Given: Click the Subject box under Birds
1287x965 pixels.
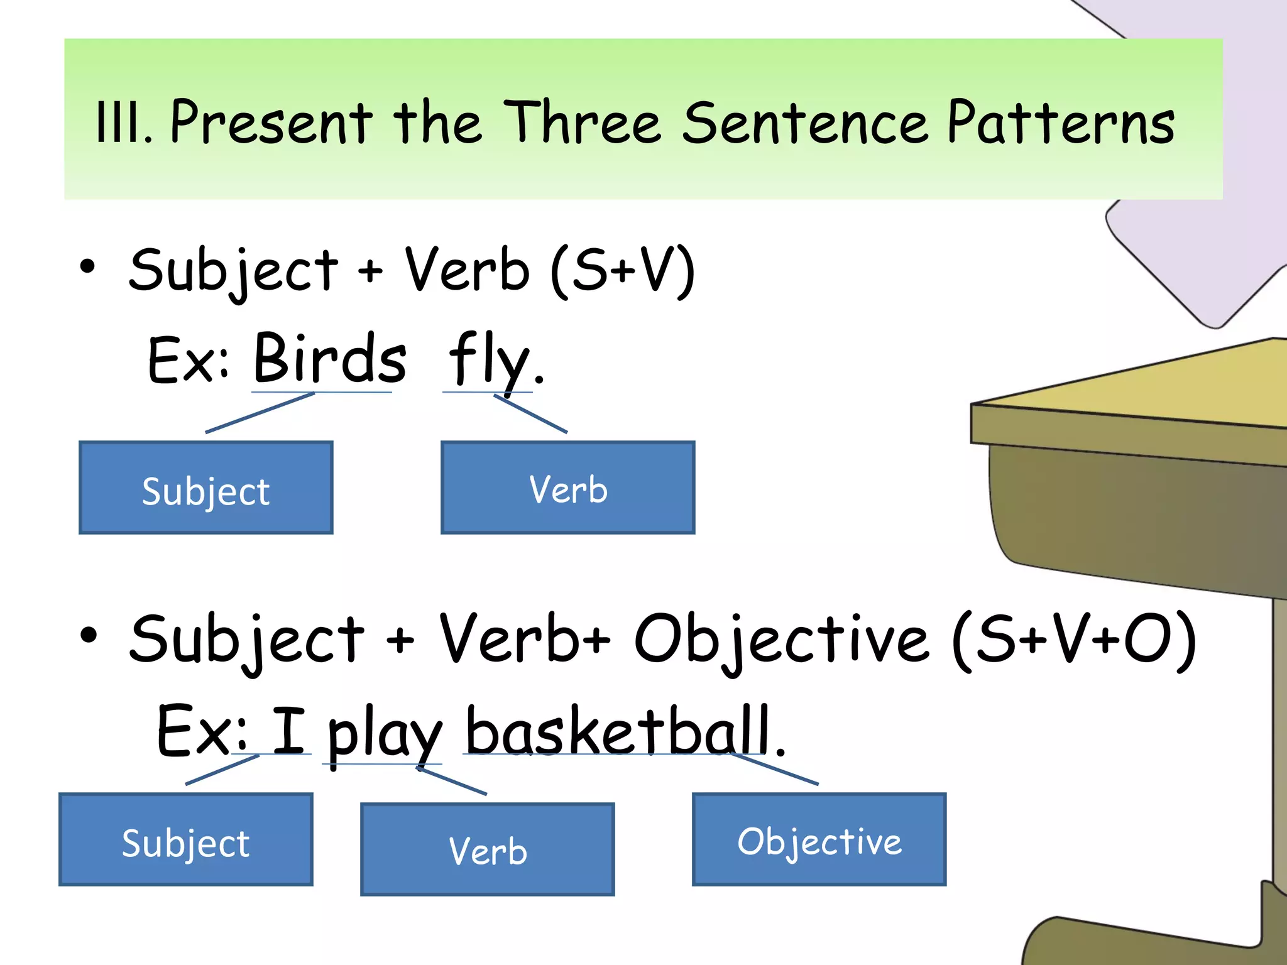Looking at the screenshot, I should pos(206,488).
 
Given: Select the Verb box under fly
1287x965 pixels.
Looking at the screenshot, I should pos(568,488).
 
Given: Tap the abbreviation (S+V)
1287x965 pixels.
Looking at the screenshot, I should pos(622,270).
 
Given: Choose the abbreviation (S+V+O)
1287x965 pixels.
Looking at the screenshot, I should pos(1074,640).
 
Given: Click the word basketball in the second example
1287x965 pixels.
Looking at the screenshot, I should pos(618,730).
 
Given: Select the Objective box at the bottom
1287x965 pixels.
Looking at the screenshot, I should pos(819,840).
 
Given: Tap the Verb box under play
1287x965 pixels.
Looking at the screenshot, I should pos(488,849).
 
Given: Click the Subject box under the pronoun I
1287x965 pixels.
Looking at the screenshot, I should pos(186,840).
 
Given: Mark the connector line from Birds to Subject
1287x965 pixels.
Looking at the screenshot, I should pos(260,413).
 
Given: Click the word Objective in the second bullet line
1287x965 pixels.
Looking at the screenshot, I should pos(781,640).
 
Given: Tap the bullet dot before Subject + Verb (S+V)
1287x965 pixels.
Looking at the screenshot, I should pos(88,266).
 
